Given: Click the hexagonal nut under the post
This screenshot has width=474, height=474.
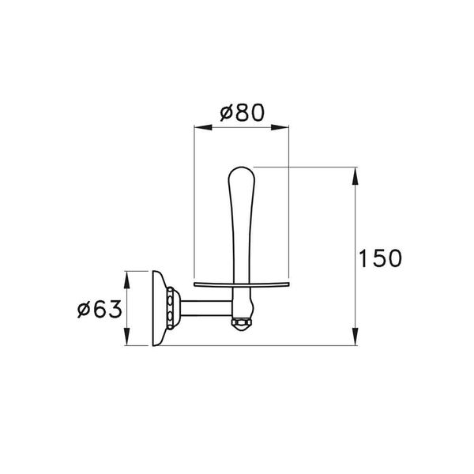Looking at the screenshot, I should tap(241, 324).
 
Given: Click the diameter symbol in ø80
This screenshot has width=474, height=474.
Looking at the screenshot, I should tap(224, 113).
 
